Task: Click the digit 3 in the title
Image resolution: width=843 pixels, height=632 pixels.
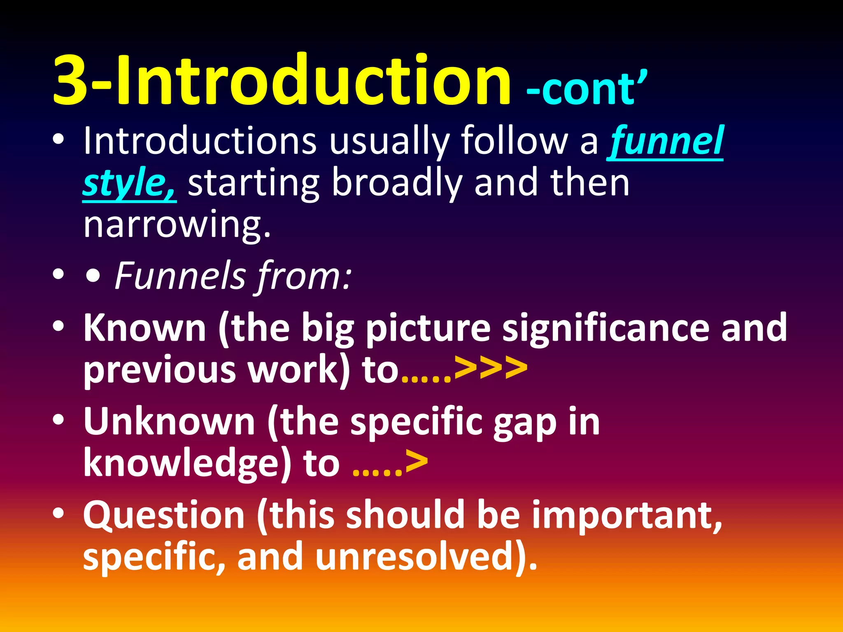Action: pyautogui.click(x=70, y=80)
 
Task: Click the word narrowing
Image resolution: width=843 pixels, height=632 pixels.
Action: pyautogui.click(x=177, y=225)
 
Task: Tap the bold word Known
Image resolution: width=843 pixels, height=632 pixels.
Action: pyautogui.click(x=144, y=328)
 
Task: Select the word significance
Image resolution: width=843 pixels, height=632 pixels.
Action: pyautogui.click(x=605, y=328)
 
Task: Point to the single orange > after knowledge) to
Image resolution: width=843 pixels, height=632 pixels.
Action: pyautogui.click(x=417, y=462)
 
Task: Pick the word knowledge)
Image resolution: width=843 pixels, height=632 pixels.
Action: pyautogui.click(x=188, y=463)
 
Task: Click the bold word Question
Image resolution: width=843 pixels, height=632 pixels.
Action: pyautogui.click(x=164, y=515)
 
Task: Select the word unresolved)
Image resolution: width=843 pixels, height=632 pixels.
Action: pyautogui.click(x=426, y=556)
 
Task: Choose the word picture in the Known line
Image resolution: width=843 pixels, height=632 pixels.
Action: pyautogui.click(x=428, y=328)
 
